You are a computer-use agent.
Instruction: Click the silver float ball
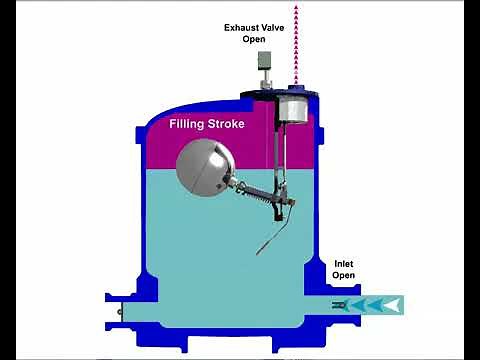204,162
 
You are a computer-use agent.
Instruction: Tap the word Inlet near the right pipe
344,265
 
